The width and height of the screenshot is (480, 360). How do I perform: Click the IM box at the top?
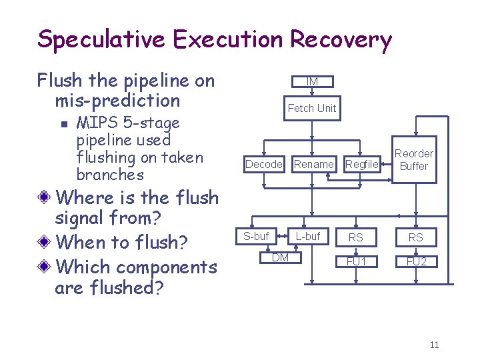point(312,81)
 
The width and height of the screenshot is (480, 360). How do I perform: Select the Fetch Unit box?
point(312,108)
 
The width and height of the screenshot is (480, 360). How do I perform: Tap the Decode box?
point(264,164)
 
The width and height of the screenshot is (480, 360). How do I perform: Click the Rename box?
point(313,164)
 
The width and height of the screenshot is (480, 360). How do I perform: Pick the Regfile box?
point(362,164)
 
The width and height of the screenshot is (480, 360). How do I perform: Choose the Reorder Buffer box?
point(413,160)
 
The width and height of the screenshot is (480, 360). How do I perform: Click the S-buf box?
point(256,236)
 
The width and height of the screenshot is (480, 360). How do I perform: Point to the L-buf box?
point(308,236)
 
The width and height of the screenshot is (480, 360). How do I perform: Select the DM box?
point(280,258)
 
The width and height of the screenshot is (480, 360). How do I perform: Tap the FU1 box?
point(356,261)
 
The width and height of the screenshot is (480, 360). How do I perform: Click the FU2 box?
point(416,261)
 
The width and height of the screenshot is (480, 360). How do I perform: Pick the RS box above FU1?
point(356,237)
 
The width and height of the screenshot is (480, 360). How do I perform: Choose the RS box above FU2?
point(416,237)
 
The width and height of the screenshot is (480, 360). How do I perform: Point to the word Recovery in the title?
point(340,40)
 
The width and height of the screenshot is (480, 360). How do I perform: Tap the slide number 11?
point(434,345)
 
